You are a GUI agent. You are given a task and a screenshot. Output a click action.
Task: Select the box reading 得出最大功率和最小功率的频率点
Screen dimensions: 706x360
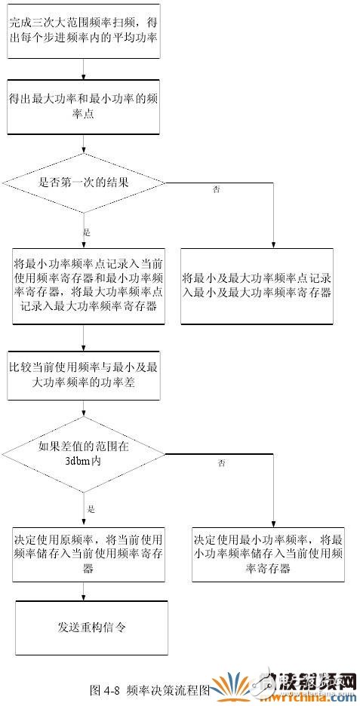[83, 106]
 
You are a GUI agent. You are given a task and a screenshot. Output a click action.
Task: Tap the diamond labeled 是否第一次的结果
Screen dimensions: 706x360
[83, 183]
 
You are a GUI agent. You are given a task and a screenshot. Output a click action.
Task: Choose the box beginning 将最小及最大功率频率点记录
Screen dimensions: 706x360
[257, 286]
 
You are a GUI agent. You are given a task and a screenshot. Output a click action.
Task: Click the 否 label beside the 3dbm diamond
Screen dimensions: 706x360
[221, 462]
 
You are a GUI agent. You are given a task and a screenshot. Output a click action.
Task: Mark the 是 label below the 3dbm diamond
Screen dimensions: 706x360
[91, 509]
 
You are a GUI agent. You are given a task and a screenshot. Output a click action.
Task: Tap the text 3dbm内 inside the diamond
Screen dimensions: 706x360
[83, 460]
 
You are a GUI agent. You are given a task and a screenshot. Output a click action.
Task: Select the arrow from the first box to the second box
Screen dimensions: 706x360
[83, 70]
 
